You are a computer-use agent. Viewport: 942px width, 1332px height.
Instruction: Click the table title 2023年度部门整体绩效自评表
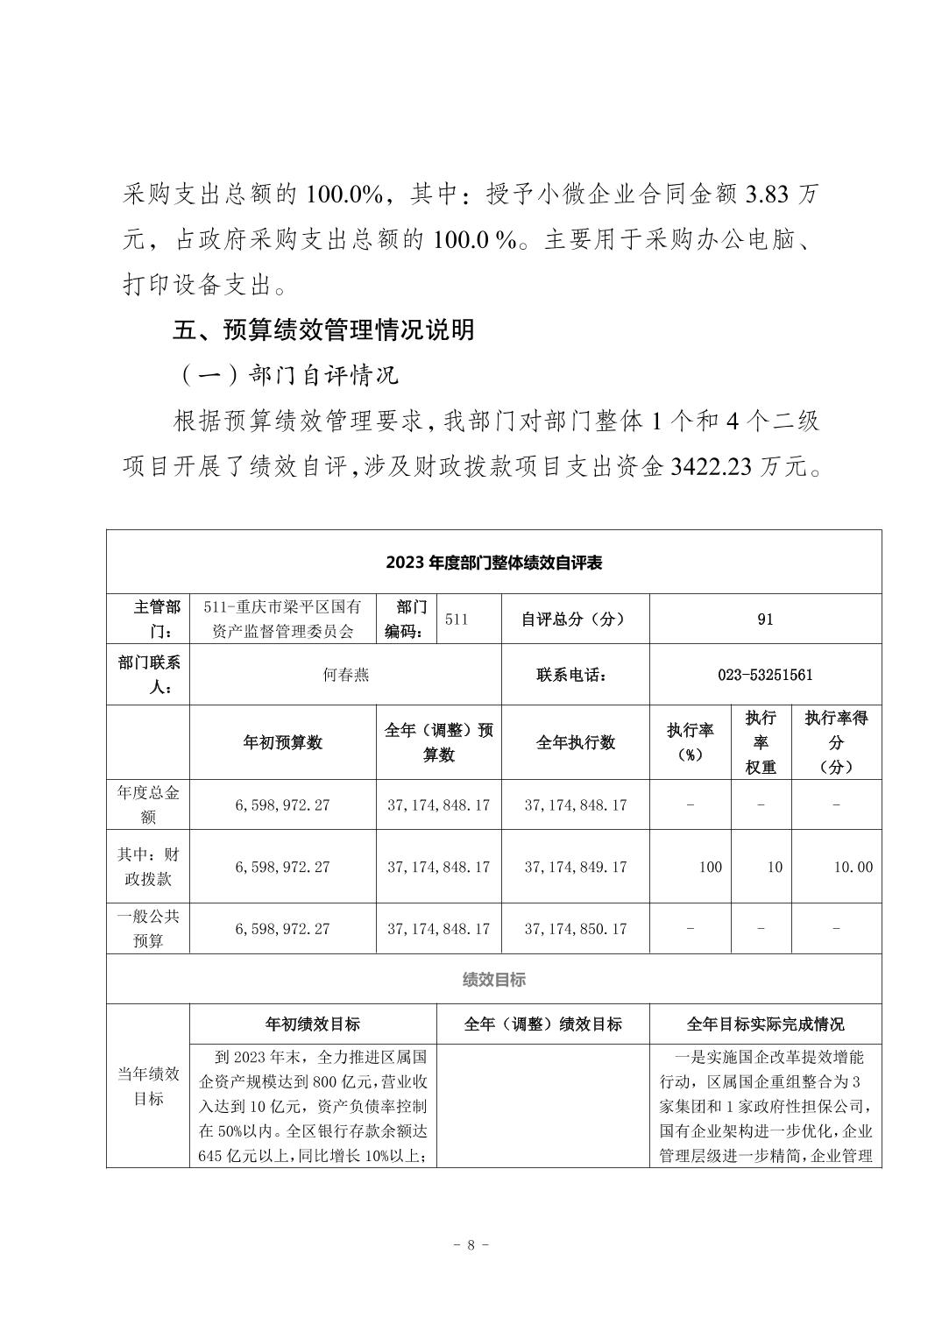point(493,563)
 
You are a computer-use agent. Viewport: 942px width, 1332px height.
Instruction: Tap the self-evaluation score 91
point(765,620)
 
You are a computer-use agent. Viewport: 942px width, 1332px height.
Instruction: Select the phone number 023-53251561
point(765,675)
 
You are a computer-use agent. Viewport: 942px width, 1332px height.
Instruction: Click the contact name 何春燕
point(345,675)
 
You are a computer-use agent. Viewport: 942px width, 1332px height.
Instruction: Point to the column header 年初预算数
point(282,742)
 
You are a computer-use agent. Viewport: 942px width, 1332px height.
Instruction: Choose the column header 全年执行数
point(575,742)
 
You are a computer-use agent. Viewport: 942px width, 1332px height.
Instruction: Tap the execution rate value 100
point(710,867)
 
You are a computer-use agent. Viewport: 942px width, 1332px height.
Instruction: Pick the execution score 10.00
point(853,867)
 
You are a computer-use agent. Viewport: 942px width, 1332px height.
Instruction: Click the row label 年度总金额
point(148,804)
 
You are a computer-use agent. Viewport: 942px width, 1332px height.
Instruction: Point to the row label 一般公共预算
point(148,928)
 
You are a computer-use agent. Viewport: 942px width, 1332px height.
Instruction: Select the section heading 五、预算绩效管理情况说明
point(324,329)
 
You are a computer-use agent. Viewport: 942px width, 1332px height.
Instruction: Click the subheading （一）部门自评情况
point(288,375)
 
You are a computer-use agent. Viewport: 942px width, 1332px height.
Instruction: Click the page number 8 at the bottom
point(471,1245)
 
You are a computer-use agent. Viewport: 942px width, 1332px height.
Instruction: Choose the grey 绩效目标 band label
point(493,980)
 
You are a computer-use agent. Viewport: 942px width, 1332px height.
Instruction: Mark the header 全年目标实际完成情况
point(765,1024)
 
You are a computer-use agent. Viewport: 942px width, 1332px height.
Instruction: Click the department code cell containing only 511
point(457,620)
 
